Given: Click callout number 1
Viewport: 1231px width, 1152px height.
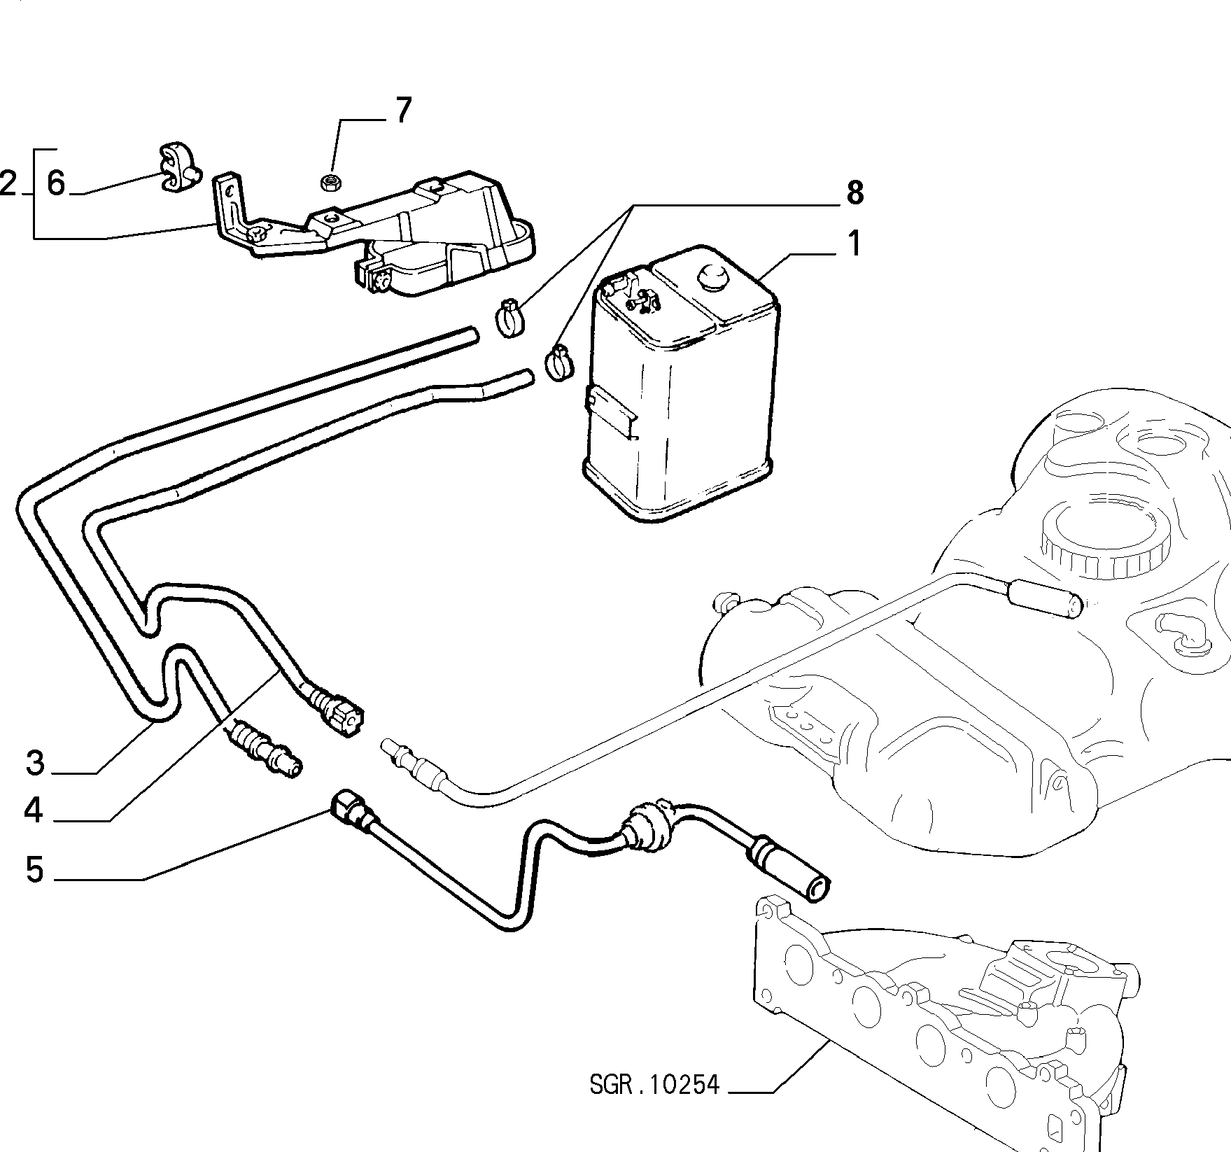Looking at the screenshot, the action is pyautogui.click(x=854, y=244).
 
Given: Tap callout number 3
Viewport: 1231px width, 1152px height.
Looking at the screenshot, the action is pyautogui.click(x=35, y=762).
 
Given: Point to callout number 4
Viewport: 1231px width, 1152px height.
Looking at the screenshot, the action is pyautogui.click(x=34, y=810).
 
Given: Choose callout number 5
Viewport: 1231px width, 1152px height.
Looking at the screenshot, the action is pyautogui.click(x=34, y=870).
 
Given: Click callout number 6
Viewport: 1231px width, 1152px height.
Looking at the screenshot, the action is pyautogui.click(x=56, y=183).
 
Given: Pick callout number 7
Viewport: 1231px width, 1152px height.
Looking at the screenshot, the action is pyautogui.click(x=404, y=111).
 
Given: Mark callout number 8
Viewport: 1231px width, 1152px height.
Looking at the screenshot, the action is pyautogui.click(x=854, y=192).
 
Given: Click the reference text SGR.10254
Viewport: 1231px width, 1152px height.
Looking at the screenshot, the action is pyautogui.click(x=654, y=1104).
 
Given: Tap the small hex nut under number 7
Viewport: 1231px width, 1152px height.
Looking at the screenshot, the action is pyautogui.click(x=329, y=183).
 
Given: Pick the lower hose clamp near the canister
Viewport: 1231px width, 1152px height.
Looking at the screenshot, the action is pyautogui.click(x=558, y=364).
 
